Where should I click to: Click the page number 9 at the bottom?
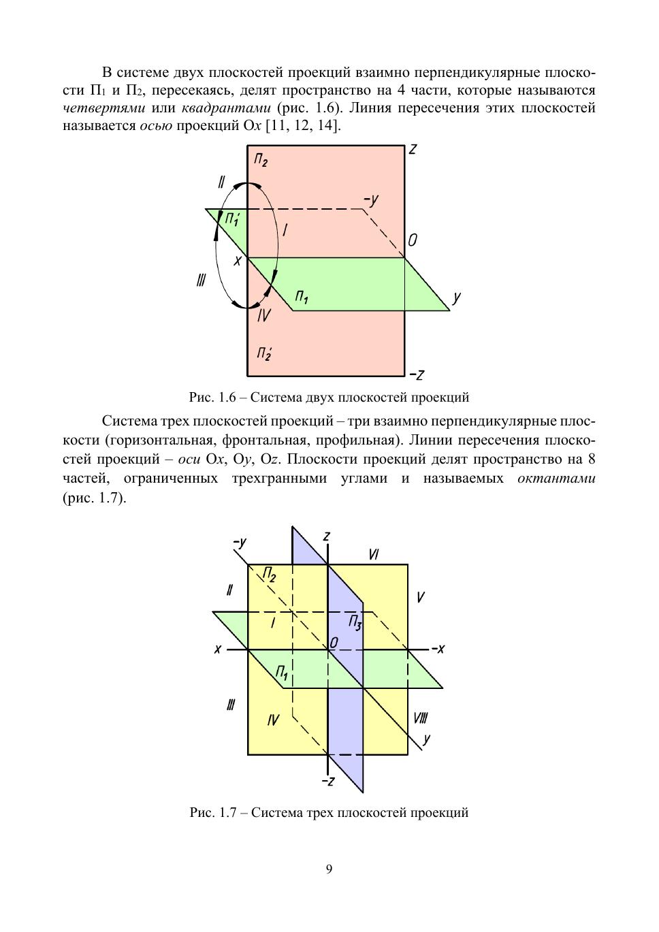point(329,869)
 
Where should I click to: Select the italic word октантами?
point(556,478)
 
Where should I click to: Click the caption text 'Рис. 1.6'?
point(212,396)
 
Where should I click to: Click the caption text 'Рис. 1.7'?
point(212,812)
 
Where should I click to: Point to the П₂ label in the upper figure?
point(261,161)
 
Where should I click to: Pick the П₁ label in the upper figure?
point(302,298)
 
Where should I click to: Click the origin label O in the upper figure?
point(413,241)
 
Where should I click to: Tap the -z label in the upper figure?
point(417,374)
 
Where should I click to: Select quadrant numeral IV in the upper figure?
point(264,315)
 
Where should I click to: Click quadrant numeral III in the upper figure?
point(201,280)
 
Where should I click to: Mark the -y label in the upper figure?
point(371,199)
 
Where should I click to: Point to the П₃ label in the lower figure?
point(355,622)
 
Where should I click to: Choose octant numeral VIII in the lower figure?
point(420,718)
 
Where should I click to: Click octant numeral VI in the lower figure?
point(373,555)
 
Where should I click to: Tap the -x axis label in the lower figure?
point(437,649)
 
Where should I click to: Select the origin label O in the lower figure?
point(334,643)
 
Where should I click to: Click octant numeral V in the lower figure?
point(421,597)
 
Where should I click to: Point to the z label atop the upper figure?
point(413,149)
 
